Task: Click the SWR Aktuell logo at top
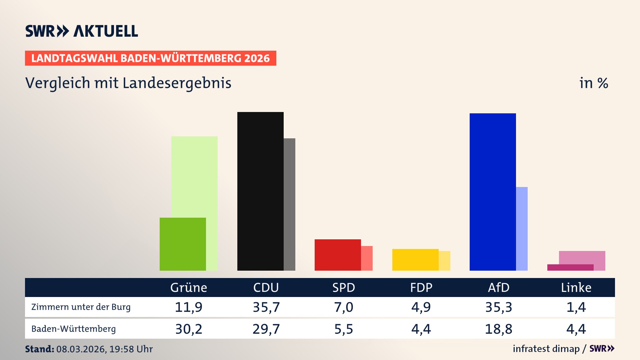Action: pos(82,31)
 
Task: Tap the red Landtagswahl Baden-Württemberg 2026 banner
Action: pos(150,58)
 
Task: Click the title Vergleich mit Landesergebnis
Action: pos(128,83)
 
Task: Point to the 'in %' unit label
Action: pos(594,83)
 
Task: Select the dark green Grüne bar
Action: pos(183,244)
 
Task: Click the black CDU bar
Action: pos(260,191)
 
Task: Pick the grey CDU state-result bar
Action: pos(289,204)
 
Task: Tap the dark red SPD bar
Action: pos(338,255)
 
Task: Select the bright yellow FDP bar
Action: pos(415,260)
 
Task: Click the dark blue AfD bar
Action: pos(493,192)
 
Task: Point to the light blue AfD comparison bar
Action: pos(522,228)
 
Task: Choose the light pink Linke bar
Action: pos(582,257)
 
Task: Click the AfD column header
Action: pos(499,287)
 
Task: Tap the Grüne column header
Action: pos(189,287)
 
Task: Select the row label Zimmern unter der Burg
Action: pos(81,307)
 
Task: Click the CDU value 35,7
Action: pos(266,307)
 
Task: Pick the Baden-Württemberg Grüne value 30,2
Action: pos(189,329)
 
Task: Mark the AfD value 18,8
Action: pos(499,329)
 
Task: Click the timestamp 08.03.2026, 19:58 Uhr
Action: pos(104,349)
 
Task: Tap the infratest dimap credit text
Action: pos(546,349)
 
